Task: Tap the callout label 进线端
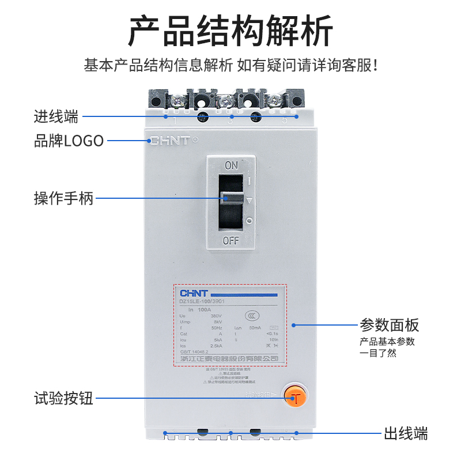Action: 55,116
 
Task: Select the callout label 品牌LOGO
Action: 69,140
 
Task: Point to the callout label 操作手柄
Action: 63,199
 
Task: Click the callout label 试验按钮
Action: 63,398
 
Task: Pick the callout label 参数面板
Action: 390,325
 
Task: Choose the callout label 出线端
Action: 406,433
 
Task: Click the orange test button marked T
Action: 296,397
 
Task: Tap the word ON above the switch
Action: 231,166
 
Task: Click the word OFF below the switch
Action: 231,241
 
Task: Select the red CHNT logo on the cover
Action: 169,140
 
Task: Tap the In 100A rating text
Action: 200,309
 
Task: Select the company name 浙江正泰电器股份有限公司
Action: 229,358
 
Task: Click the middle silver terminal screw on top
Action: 224,102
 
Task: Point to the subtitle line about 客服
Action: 231,65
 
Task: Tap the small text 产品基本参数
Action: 387,342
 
